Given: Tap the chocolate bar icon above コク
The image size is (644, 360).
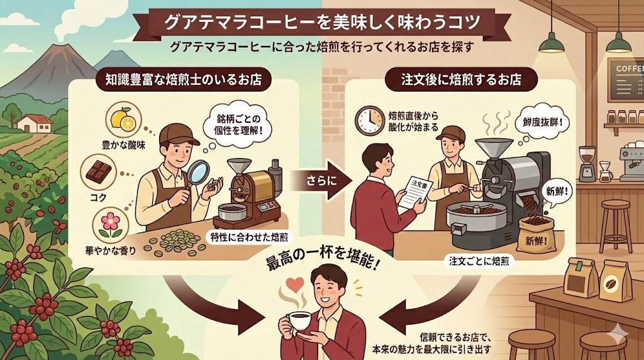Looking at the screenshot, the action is [99, 171].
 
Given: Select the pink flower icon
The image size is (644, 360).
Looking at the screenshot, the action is [110, 225].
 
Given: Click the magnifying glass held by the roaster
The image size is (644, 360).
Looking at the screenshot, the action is [198, 172].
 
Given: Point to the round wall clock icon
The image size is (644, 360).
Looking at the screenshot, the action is [369, 120].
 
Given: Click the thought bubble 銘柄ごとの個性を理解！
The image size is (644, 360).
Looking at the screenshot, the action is [238, 125].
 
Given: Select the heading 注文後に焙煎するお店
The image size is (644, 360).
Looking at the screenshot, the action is [461, 79].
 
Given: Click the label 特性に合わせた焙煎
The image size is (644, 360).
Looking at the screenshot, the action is [249, 237].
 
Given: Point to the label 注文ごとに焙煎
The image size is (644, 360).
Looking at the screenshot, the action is [479, 261].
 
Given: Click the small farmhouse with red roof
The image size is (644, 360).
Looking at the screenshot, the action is [35, 123].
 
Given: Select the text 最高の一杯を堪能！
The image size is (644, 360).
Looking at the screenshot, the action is [322, 262].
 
